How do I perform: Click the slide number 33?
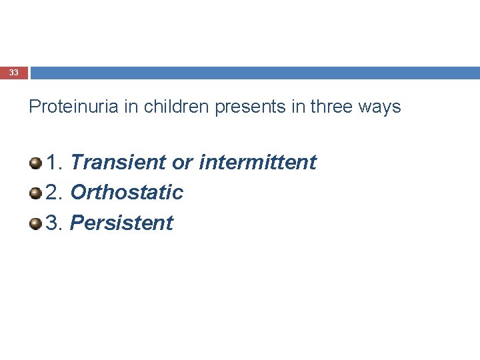pos(14,73)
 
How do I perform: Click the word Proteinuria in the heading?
pos(74,107)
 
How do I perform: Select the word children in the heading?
pos(177,107)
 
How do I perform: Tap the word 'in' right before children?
pos(131,107)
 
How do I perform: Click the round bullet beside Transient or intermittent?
pos(35,162)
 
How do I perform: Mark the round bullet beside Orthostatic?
pos(35,193)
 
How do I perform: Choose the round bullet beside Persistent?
pos(35,223)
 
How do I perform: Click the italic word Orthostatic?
pos(127,193)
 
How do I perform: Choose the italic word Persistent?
pos(121,223)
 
